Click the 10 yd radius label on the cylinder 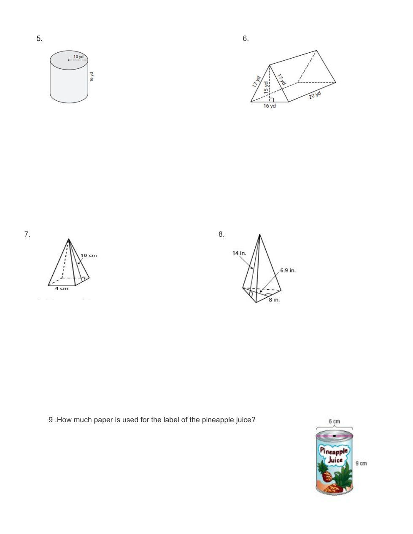(x=78, y=57)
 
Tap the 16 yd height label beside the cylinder (x=92, y=76)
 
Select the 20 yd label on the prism (x=315, y=95)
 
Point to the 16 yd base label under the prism (x=270, y=106)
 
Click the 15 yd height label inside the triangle (x=266, y=87)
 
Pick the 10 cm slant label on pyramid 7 (x=89, y=255)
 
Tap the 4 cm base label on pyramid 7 (x=62, y=289)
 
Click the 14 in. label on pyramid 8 (x=239, y=253)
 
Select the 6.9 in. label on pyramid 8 (x=288, y=270)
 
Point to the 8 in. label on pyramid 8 (x=274, y=300)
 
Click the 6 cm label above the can (x=335, y=421)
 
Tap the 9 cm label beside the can (x=361, y=463)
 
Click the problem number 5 (x=39, y=38)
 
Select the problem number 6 (x=246, y=38)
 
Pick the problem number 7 (x=27, y=234)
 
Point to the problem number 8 (x=221, y=234)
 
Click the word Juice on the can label (x=335, y=460)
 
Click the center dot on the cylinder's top (x=68, y=60)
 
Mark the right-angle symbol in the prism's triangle (x=272, y=100)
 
